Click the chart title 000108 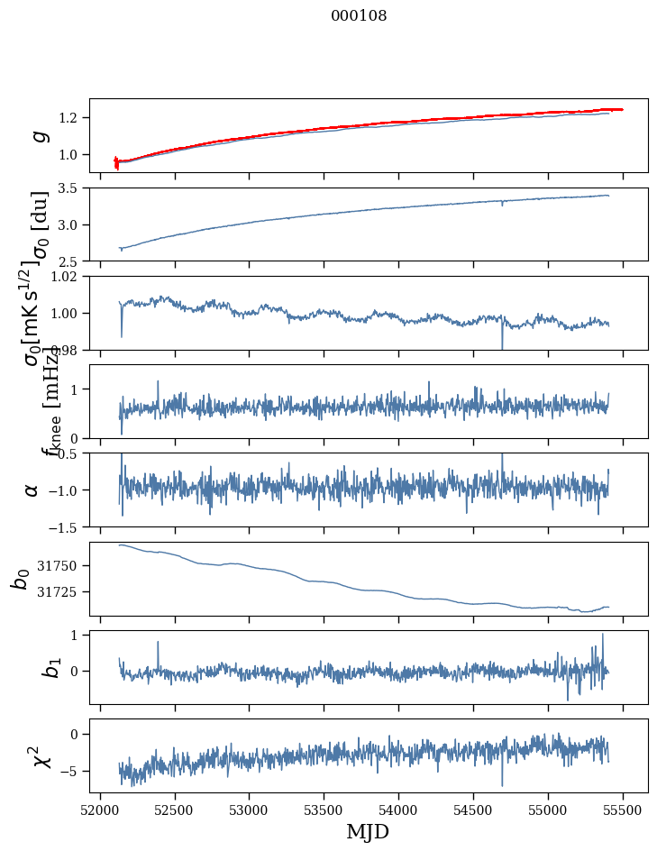click(359, 16)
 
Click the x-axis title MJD click(368, 831)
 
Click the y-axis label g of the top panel click(39, 135)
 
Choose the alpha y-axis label click(32, 490)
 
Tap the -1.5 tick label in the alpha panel click(65, 526)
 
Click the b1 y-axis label click(29, 667)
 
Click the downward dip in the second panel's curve click(502, 206)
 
